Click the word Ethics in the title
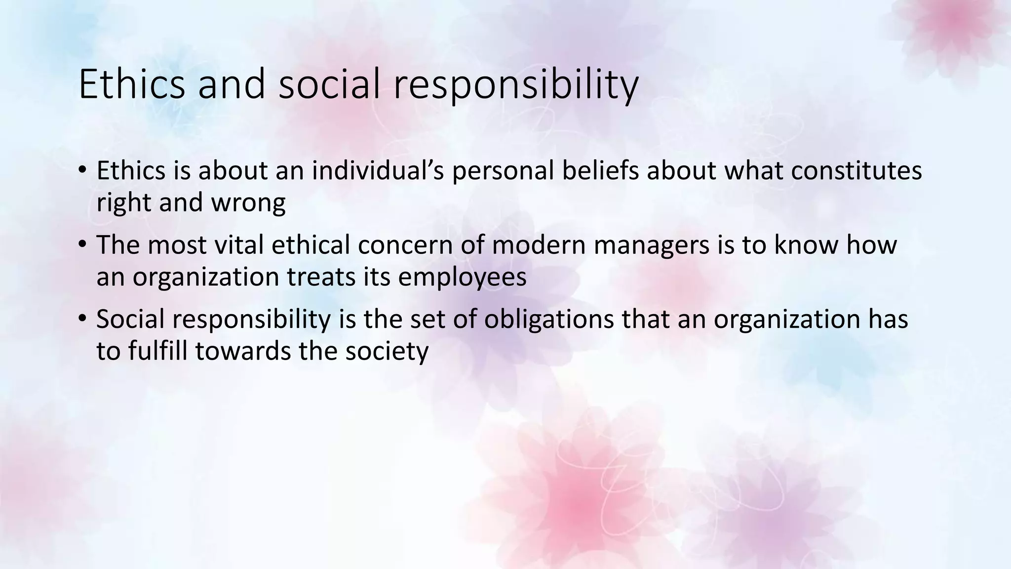pyautogui.click(x=131, y=84)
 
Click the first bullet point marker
pyautogui.click(x=82, y=171)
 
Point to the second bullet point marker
pyautogui.click(x=82, y=245)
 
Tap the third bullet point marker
pyautogui.click(x=82, y=319)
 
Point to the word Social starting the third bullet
pyautogui.click(x=130, y=319)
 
